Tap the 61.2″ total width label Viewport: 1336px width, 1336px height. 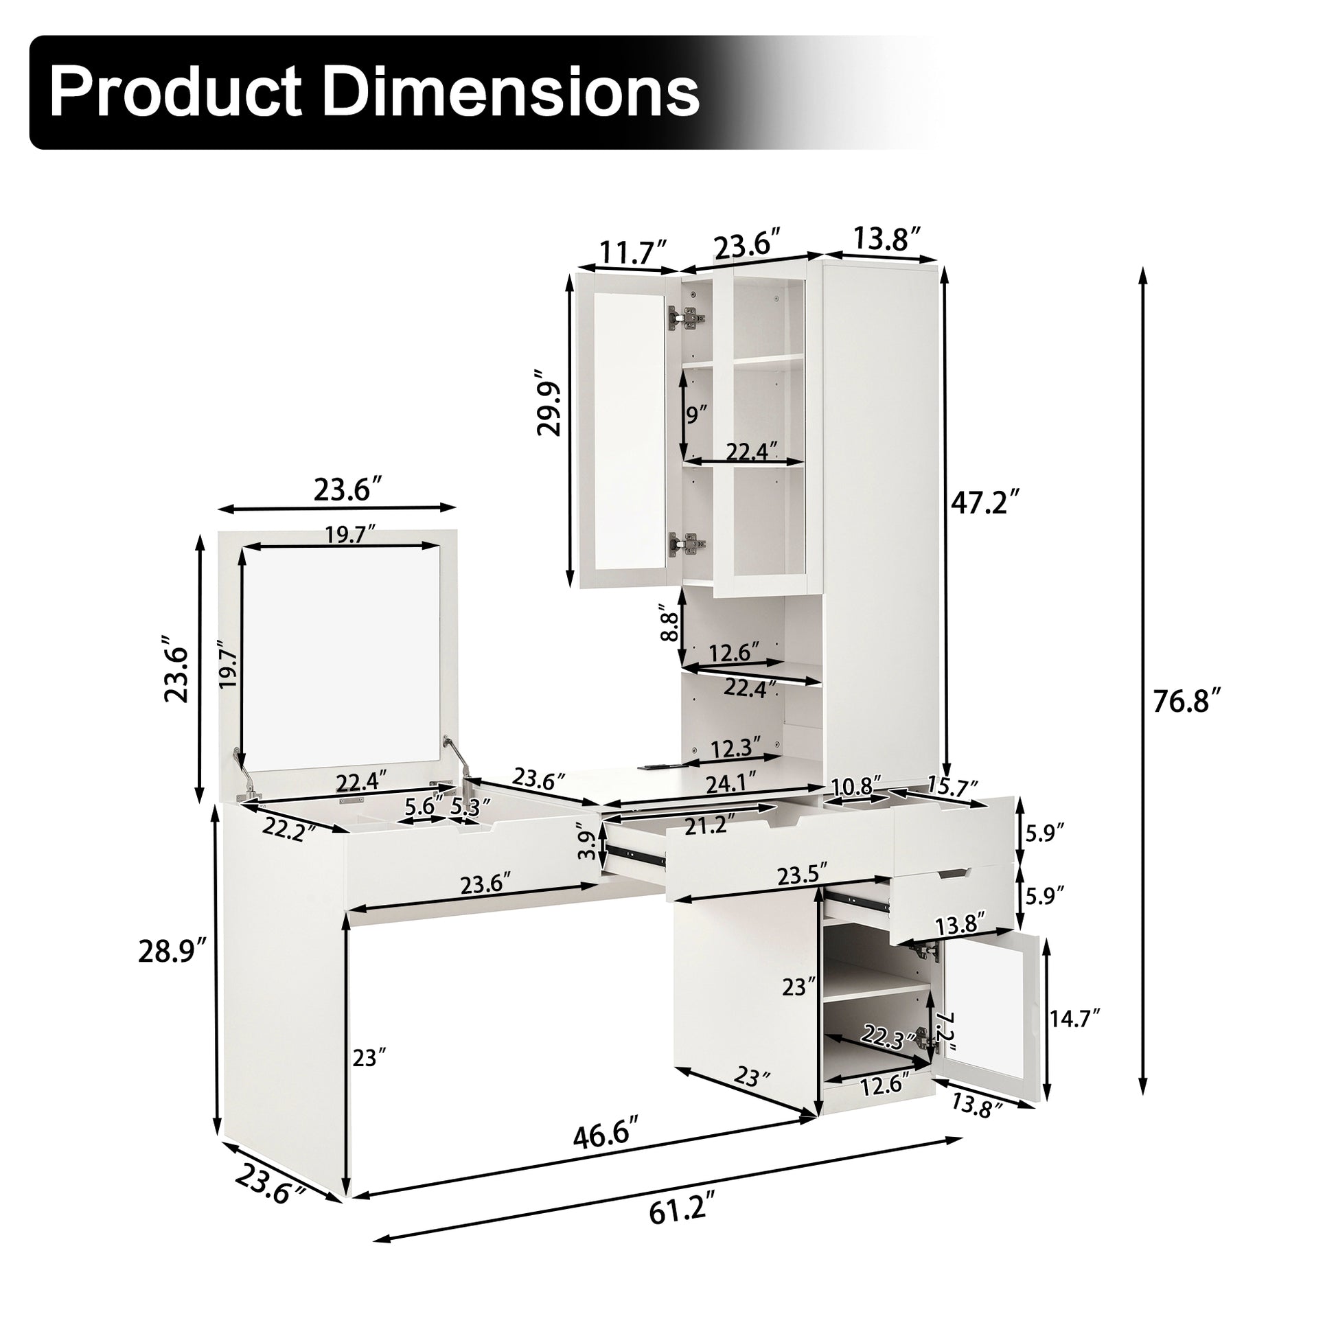680,1230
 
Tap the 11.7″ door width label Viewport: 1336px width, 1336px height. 632,253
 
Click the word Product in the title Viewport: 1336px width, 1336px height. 174,91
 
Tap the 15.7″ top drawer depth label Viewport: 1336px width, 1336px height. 954,787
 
